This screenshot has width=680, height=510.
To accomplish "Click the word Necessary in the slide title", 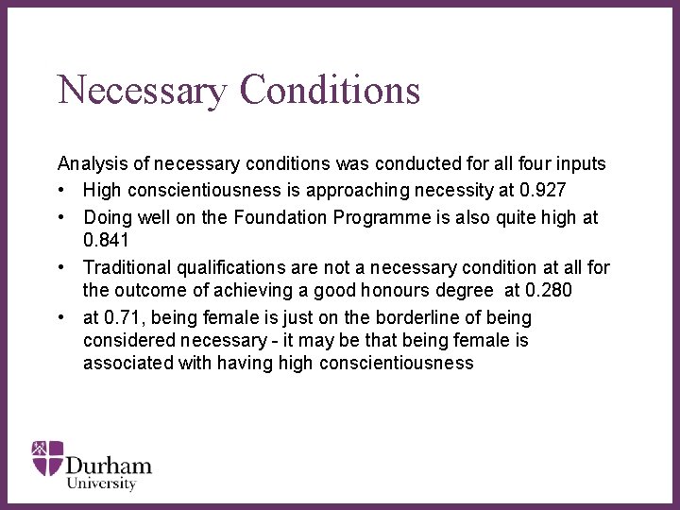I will (x=143, y=91).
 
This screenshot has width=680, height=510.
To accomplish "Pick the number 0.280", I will (x=547, y=289).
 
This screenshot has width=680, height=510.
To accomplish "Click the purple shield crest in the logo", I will (x=47, y=457).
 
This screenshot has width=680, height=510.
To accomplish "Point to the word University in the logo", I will (x=101, y=484).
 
